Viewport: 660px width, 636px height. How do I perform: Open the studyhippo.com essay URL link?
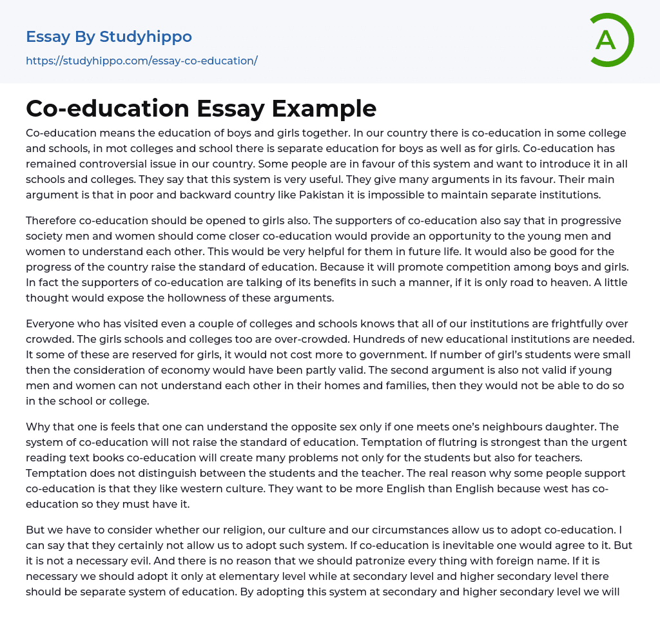coord(142,61)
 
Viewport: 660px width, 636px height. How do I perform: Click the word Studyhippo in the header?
coord(146,37)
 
